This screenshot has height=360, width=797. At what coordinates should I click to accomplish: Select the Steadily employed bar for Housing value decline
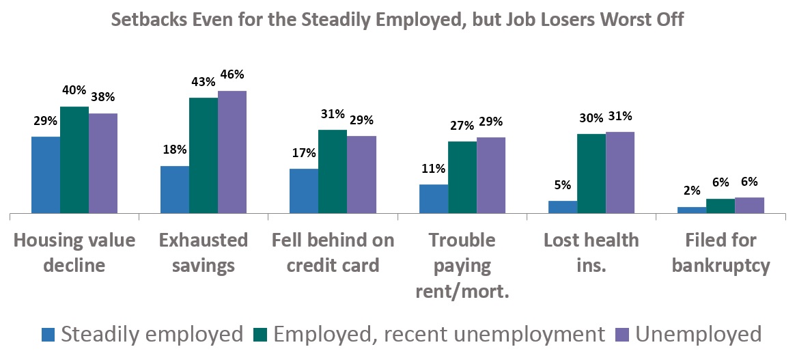[46, 176]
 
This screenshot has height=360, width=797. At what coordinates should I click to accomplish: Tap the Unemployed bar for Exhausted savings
[232, 152]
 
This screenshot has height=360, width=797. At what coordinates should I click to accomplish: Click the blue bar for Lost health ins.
[563, 208]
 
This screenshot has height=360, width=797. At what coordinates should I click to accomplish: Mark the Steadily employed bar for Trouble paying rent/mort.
[434, 199]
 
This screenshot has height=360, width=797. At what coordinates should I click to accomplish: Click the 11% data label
[433, 169]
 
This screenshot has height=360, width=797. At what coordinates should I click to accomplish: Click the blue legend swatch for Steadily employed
[48, 335]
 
